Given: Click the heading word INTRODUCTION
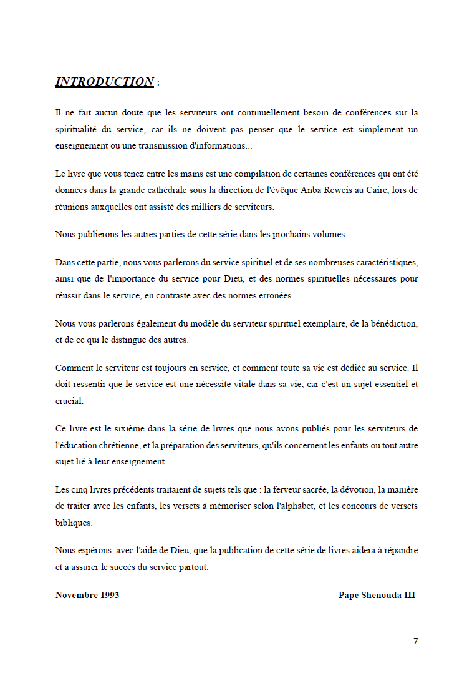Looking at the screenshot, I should pos(104,82).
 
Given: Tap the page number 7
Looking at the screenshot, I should pos(415,641).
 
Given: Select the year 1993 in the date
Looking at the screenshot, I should pos(109,595).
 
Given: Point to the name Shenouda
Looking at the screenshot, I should pos(380,595).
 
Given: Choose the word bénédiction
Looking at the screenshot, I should pos(392,323).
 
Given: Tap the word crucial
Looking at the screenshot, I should pos(69,401).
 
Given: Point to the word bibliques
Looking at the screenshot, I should pos(73,522).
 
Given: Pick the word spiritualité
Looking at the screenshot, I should pos(78,129).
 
